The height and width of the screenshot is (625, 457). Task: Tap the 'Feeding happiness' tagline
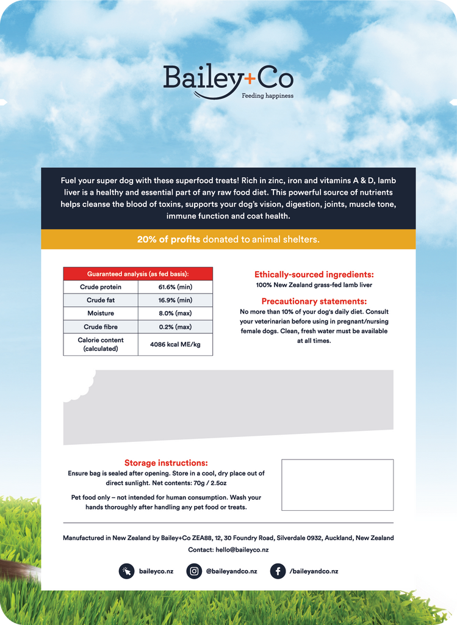tap(267, 96)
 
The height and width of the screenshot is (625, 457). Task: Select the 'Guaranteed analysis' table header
tap(138, 273)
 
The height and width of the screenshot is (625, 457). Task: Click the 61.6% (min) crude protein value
tap(175, 287)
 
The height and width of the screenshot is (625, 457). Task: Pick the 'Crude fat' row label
tap(101, 300)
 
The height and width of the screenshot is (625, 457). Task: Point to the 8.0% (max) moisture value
tap(175, 313)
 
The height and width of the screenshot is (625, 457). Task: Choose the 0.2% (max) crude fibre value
tap(175, 327)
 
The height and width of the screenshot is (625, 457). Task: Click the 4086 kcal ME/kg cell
tap(175, 344)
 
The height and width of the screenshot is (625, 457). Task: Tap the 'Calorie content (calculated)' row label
tap(101, 344)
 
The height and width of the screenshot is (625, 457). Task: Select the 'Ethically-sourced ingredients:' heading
tap(314, 275)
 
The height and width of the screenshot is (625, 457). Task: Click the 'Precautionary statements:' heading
tap(314, 302)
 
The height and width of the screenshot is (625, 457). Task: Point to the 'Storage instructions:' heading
tap(166, 463)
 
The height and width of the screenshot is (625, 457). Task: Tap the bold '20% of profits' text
tap(168, 239)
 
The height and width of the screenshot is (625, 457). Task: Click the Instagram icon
tap(194, 571)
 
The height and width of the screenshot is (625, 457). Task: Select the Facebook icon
tap(278, 571)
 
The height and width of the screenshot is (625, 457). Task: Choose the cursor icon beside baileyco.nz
tap(126, 571)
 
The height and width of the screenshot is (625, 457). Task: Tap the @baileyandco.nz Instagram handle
tap(231, 571)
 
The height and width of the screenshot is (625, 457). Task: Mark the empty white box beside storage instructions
tap(337, 485)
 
